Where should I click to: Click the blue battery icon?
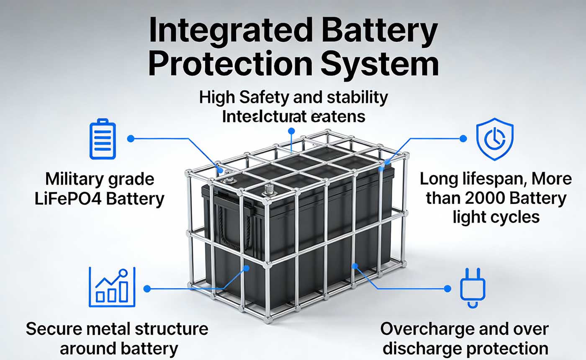[102, 139]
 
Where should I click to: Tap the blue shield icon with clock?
[495, 139]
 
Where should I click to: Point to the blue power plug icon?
[472, 288]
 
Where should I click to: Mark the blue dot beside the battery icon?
[131, 139]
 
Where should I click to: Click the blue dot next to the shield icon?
[463, 139]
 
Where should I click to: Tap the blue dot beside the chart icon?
[146, 288]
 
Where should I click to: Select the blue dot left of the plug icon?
[447, 288]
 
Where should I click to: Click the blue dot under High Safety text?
[291, 131]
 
